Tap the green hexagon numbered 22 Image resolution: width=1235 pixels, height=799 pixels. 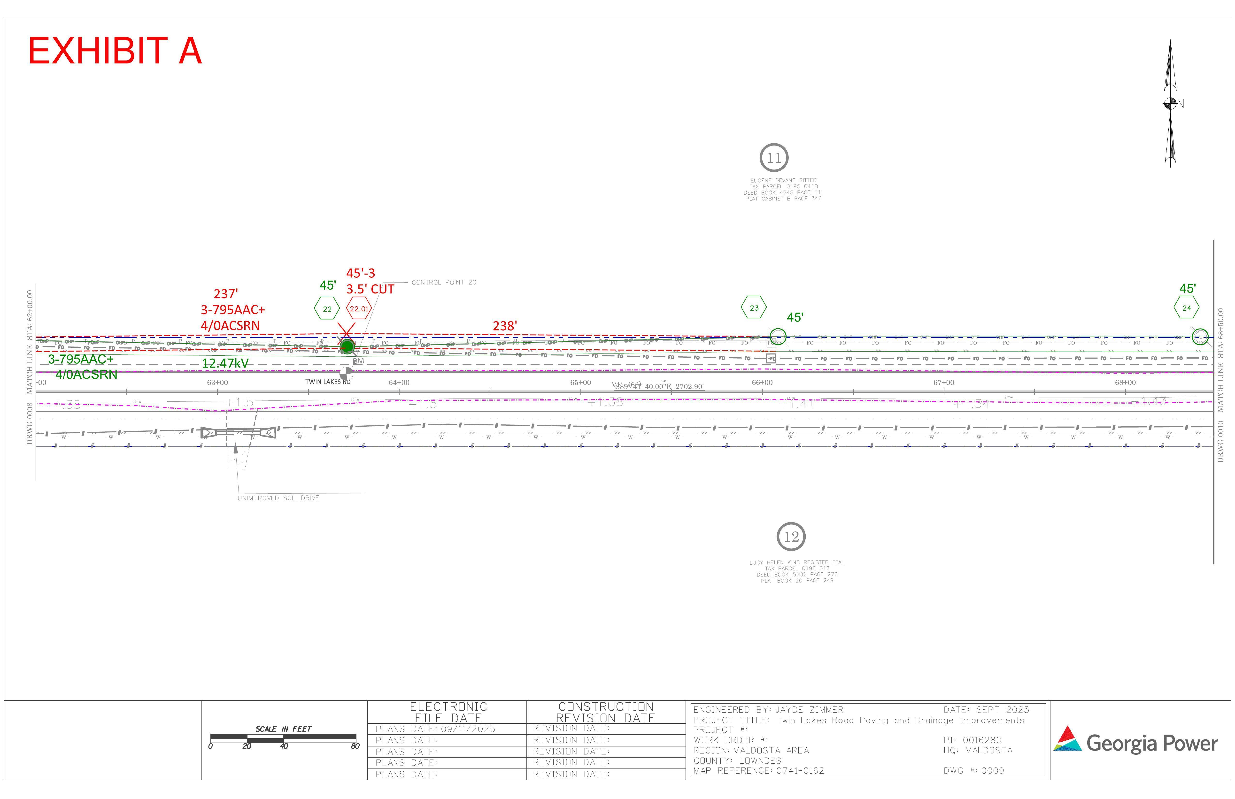pyautogui.click(x=327, y=309)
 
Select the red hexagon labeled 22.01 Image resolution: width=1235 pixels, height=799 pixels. pyautogui.click(x=359, y=309)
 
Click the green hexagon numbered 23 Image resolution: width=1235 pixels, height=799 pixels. pyautogui.click(x=754, y=308)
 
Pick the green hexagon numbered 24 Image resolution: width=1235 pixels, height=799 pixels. pyautogui.click(x=1186, y=308)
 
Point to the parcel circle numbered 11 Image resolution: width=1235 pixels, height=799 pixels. pyautogui.click(x=774, y=158)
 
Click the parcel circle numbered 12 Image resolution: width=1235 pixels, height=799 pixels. pyautogui.click(x=791, y=537)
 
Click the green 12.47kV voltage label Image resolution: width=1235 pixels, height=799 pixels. pyautogui.click(x=225, y=363)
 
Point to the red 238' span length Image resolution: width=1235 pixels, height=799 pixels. pyautogui.click(x=504, y=326)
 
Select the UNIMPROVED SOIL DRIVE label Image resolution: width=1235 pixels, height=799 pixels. pyautogui.click(x=278, y=498)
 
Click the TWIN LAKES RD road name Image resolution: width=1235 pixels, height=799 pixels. pyautogui.click(x=327, y=382)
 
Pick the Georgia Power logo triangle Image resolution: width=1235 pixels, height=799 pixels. pyautogui.click(x=1067, y=739)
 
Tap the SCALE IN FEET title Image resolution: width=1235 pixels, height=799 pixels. pyautogui.click(x=283, y=729)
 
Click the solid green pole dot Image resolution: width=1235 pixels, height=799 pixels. pyautogui.click(x=347, y=346)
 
